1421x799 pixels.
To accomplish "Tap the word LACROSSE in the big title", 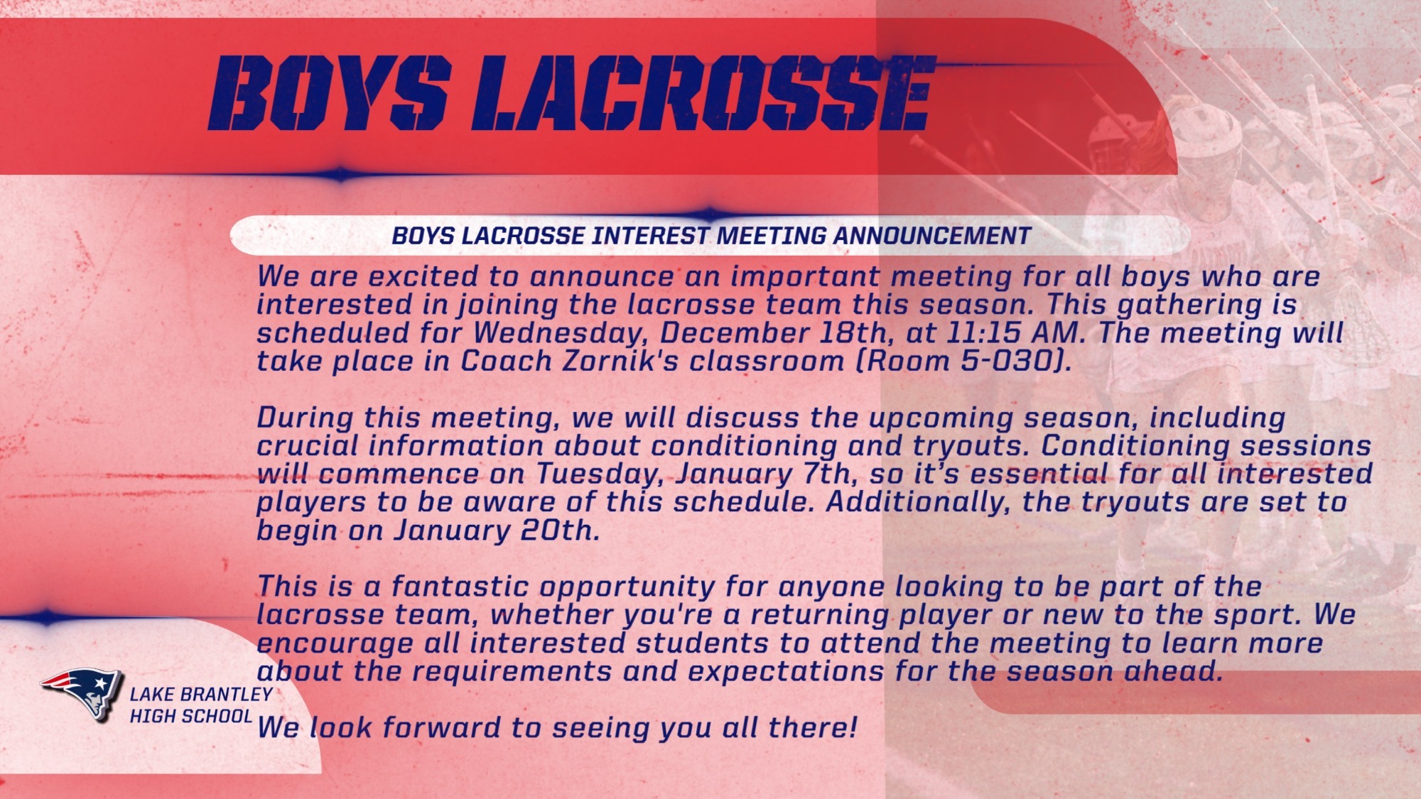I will (710, 93).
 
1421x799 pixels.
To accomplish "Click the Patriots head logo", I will (82, 692).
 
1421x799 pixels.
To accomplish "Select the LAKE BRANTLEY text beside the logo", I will (201, 694).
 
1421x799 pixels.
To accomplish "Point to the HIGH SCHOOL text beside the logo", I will (190, 716).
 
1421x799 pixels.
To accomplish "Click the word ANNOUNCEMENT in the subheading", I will (931, 236).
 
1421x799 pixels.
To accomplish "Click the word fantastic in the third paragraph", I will (460, 587).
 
